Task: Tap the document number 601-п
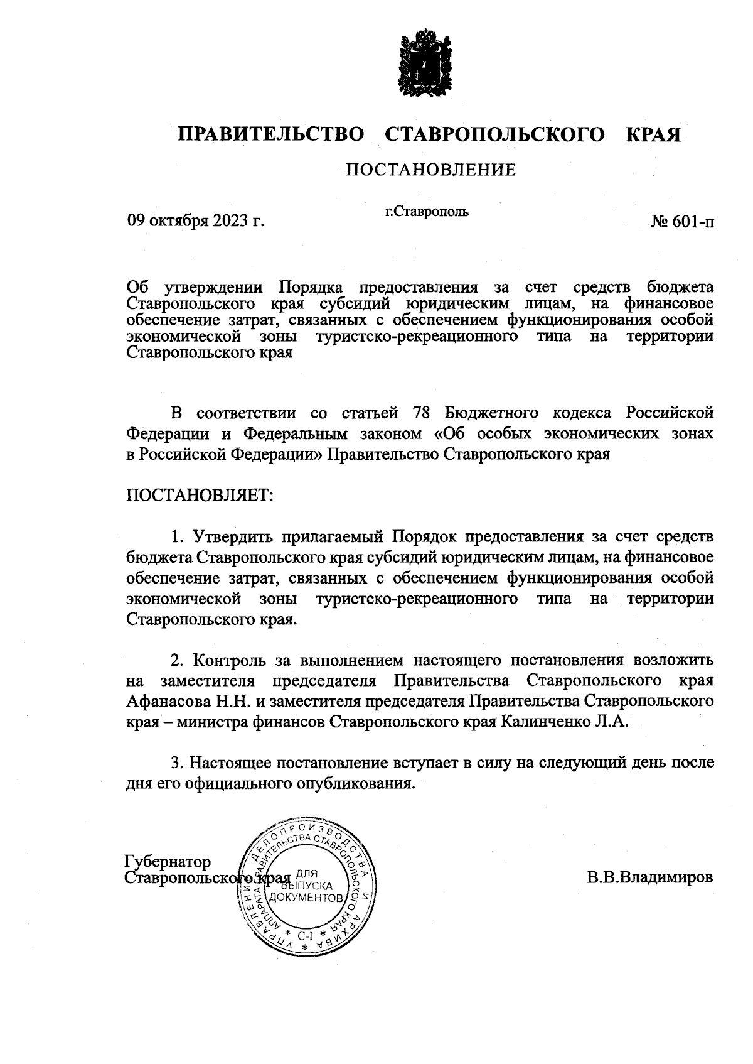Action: [682, 221]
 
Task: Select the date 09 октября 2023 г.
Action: [196, 221]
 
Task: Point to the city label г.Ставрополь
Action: [427, 211]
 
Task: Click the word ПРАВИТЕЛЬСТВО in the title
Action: [271, 135]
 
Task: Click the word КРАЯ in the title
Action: [653, 135]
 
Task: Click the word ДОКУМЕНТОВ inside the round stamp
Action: [310, 898]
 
